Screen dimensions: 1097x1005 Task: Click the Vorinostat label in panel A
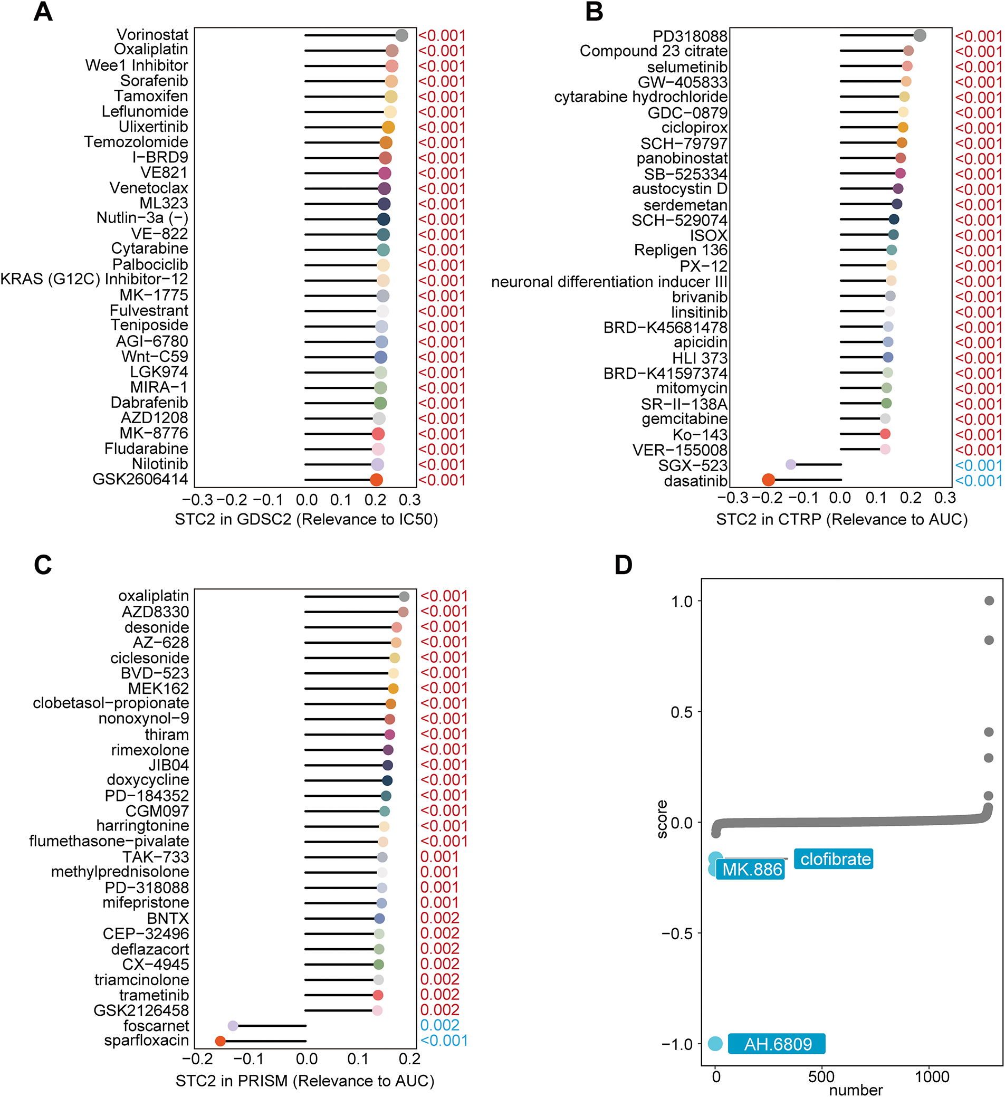click(x=152, y=35)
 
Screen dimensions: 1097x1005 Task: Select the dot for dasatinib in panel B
click(x=768, y=480)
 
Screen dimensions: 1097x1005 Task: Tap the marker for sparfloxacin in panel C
click(x=221, y=1041)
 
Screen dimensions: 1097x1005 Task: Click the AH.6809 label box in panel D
click(x=777, y=1044)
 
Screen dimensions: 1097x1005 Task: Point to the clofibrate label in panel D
click(x=834, y=859)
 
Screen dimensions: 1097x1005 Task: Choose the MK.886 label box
click(x=751, y=870)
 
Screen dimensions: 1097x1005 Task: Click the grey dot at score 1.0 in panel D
click(x=989, y=600)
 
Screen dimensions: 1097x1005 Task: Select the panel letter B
click(x=594, y=12)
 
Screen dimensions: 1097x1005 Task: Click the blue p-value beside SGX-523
click(x=978, y=465)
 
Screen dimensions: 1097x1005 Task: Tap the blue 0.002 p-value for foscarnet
click(x=440, y=1025)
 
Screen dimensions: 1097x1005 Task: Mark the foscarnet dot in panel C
click(x=233, y=1026)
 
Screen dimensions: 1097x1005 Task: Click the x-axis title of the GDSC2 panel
click(x=307, y=519)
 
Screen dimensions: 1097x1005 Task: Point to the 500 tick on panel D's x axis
click(x=821, y=1076)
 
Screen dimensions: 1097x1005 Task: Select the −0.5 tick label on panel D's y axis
click(x=677, y=934)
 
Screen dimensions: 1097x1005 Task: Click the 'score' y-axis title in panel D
click(x=662, y=819)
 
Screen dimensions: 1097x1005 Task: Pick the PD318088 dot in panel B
click(x=920, y=35)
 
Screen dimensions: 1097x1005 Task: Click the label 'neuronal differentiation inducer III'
click(x=609, y=282)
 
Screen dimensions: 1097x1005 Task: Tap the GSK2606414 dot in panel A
click(x=376, y=480)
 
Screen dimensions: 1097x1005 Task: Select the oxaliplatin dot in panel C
click(x=404, y=596)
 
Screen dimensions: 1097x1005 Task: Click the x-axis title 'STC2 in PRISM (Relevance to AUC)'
click(x=305, y=1081)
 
